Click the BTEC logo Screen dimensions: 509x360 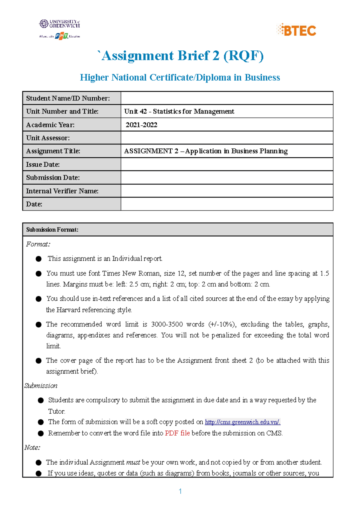pyautogui.click(x=296, y=30)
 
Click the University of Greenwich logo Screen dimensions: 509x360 pyautogui.click(x=60, y=24)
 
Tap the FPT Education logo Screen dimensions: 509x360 pyautogui.click(x=61, y=36)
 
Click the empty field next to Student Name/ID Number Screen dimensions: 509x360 pyautogui.click(x=227, y=98)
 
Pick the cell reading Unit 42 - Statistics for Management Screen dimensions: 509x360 pyautogui.click(x=179, y=112)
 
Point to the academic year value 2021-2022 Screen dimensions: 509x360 pyautogui.click(x=141, y=125)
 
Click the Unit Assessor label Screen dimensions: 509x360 pyautogui.click(x=48, y=138)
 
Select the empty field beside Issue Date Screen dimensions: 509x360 pyautogui.click(x=227, y=164)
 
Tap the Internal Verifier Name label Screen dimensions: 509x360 pyautogui.click(x=62, y=191)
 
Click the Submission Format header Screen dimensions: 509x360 pyautogui.click(x=52, y=230)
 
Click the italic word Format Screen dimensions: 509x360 pyautogui.click(x=38, y=244)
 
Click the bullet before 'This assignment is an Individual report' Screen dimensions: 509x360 pyautogui.click(x=38, y=259)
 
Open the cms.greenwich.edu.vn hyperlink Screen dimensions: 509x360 pyautogui.click(x=242, y=422)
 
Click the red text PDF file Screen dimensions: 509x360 pyautogui.click(x=177, y=433)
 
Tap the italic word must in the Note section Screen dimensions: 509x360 pyautogui.click(x=133, y=462)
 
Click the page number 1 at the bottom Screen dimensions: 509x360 pyautogui.click(x=180, y=491)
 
